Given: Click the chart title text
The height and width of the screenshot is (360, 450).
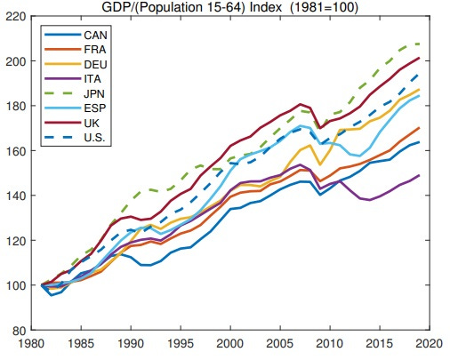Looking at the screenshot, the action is coord(229,7).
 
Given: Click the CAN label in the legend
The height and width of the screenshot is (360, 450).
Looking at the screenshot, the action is coord(95,36).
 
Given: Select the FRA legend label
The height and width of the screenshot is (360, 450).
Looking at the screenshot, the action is coord(94,50).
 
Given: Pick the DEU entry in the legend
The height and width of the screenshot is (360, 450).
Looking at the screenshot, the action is coord(95,64).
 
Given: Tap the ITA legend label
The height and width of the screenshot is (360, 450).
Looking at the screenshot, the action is coord(92,79).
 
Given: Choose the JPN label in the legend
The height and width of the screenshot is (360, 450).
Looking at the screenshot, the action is coord(94,93).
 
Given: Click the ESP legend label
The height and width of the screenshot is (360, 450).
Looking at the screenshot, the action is coord(95,108).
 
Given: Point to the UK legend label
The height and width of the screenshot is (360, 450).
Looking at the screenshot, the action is coord(92,123).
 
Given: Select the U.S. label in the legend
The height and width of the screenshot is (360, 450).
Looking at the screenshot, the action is coord(94,138).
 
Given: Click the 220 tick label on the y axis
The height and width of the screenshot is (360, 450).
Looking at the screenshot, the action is coord(16,16).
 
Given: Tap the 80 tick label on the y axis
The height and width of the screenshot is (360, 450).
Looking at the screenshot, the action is coord(20,331).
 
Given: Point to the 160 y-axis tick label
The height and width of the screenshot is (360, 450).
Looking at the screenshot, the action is coord(16,151).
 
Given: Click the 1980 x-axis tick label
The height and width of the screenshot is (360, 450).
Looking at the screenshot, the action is coord(31,344).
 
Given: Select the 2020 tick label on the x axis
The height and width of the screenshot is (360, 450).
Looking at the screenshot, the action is coord(429,344).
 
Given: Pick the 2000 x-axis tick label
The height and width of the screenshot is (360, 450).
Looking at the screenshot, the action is coord(230,344).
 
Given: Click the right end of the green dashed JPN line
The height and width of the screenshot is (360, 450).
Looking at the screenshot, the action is coord(419,44).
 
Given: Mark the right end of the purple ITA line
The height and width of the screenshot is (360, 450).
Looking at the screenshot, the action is coord(419,175).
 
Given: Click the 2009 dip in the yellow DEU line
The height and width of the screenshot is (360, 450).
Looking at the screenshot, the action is coord(320,164).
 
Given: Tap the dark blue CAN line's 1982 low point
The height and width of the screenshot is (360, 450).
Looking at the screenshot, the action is coord(52,295).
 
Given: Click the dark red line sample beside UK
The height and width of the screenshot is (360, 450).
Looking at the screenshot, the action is coord(62,123).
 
